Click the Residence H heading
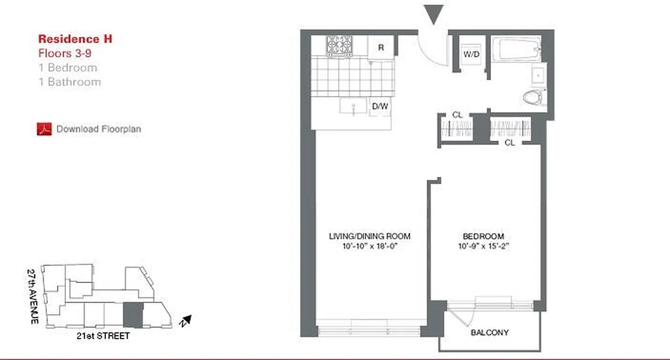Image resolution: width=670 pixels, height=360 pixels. tap(75, 39)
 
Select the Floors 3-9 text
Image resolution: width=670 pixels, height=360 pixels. tap(66, 53)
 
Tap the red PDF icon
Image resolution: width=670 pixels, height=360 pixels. tap(44, 129)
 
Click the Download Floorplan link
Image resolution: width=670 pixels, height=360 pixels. tap(99, 129)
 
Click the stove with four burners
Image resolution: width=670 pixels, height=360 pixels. tap(340, 46)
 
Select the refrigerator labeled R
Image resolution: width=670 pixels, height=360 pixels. tap(381, 47)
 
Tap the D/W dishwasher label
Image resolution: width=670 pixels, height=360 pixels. tap(380, 107)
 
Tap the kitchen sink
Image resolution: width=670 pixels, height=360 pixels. tap(353, 107)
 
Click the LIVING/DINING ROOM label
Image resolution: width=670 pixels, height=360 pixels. tap(370, 236)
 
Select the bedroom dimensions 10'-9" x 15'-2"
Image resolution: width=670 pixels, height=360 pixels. tap(483, 246)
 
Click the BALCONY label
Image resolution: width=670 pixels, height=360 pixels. tap(489, 333)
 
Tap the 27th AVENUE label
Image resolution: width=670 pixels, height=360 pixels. tap(32, 297)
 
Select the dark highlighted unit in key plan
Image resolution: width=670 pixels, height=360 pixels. tap(133, 315)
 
